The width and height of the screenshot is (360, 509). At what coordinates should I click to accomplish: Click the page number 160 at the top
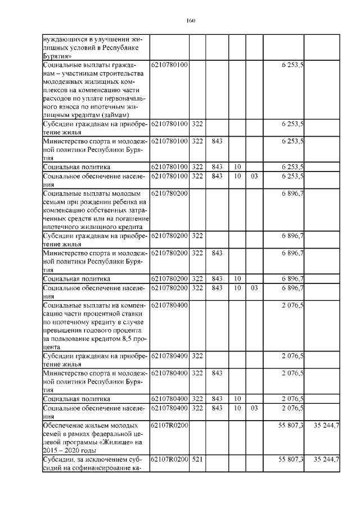[190, 21]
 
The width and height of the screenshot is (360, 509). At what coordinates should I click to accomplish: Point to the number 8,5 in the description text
[118, 339]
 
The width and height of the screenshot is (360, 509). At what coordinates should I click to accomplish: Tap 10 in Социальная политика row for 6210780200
[237, 279]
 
